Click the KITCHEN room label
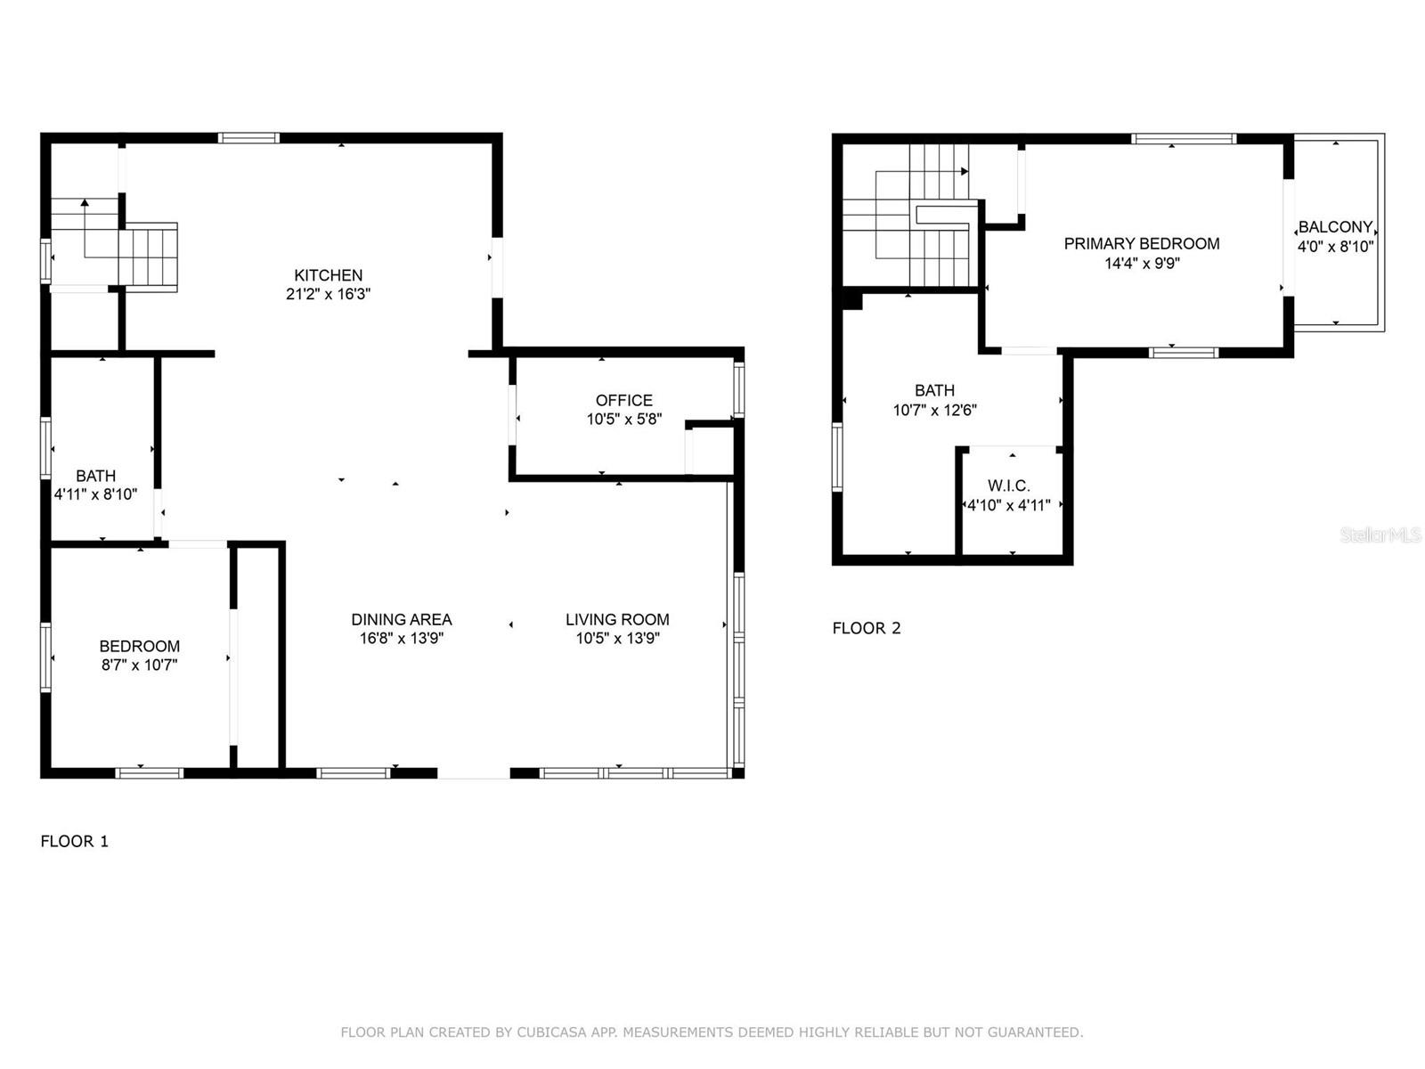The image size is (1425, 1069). point(328,275)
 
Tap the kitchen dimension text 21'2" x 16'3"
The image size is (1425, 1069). point(328,294)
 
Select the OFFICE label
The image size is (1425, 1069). point(624,401)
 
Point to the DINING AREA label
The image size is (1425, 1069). point(401,620)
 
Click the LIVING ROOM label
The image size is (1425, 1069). point(617,620)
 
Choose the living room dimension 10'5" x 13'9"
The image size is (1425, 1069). point(617,639)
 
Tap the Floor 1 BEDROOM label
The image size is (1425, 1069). point(140,647)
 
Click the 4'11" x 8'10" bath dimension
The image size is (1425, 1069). point(95,494)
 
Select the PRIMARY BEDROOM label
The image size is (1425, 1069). point(1141,244)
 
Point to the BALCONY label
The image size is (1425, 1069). point(1335,227)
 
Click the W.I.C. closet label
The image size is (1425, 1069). point(1009,486)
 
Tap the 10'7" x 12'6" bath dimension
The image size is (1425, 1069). point(935,410)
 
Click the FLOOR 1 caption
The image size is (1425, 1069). point(75,842)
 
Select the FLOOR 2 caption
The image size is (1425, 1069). point(867,628)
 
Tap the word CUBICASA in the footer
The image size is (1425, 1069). point(552,1032)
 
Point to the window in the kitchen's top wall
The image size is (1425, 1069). point(248,137)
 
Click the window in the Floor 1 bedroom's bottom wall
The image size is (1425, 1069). point(150,772)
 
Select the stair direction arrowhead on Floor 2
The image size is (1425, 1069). point(965,171)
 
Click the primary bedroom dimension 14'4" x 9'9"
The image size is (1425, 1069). point(1142,264)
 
